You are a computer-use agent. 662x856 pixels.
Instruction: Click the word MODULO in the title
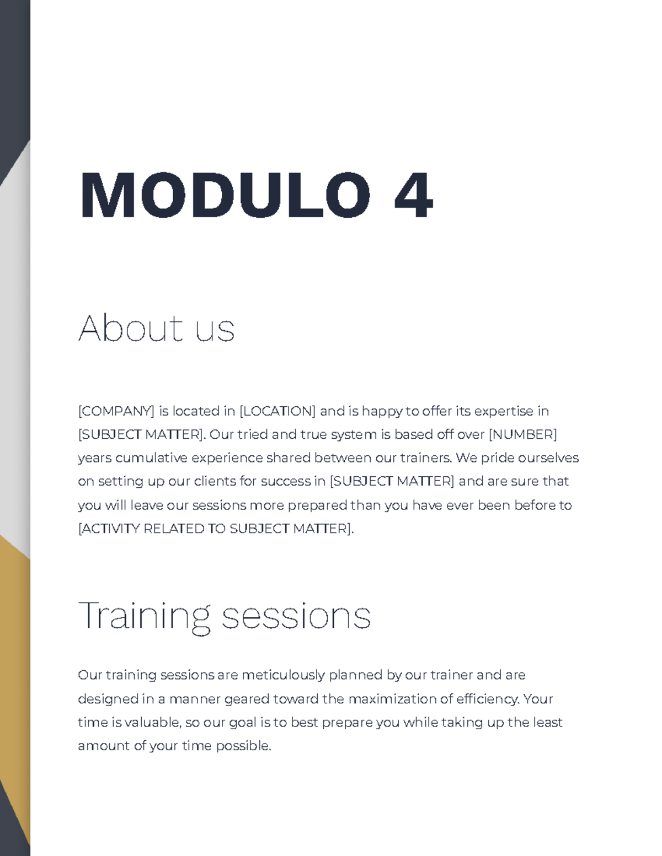(x=225, y=196)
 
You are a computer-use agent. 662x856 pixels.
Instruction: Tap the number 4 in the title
(x=413, y=196)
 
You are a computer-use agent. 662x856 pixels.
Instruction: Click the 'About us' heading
(x=157, y=329)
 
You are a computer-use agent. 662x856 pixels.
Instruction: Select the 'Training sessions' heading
(x=225, y=616)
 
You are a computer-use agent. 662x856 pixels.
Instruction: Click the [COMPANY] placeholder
(x=116, y=411)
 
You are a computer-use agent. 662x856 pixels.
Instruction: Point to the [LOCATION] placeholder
(x=277, y=411)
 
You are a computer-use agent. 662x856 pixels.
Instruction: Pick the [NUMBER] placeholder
(x=523, y=435)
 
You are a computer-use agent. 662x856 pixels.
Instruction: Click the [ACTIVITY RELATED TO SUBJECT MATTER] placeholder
(x=215, y=529)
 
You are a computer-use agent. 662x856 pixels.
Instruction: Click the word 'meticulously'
(x=284, y=675)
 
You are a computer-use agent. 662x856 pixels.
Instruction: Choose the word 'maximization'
(x=392, y=699)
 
